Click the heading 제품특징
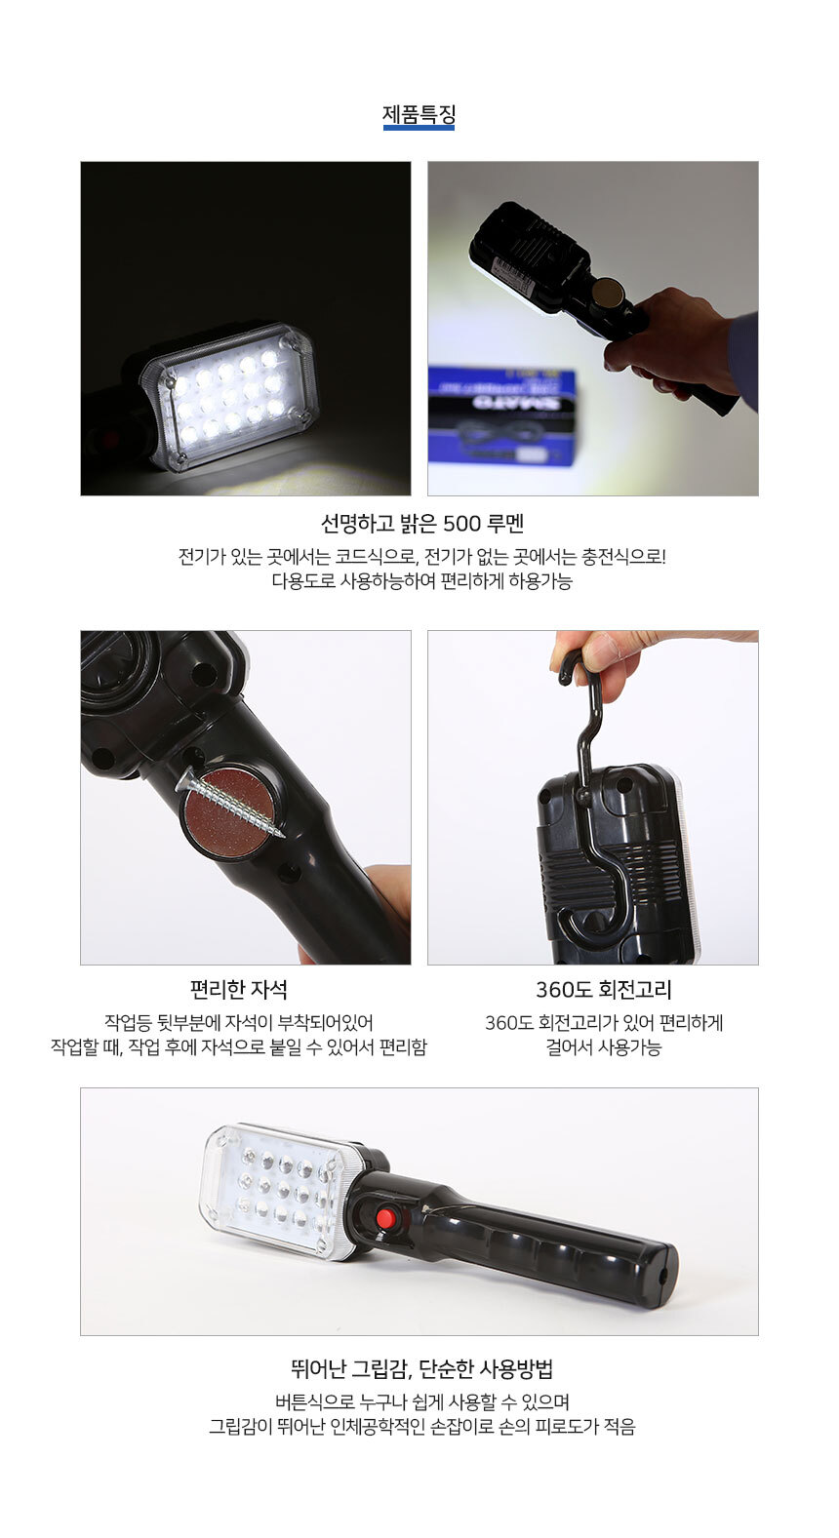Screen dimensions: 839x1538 419,113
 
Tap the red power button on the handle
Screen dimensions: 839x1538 386,1219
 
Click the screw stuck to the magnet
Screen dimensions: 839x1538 229,804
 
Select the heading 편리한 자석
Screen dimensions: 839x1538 239,990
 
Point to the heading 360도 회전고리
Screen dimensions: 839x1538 604,990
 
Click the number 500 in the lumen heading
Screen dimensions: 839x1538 461,525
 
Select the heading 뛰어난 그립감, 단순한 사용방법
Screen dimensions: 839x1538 421,1369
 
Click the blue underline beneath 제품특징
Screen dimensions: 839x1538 419,128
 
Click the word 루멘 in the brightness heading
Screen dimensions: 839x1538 505,525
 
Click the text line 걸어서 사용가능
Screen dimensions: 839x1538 604,1047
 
